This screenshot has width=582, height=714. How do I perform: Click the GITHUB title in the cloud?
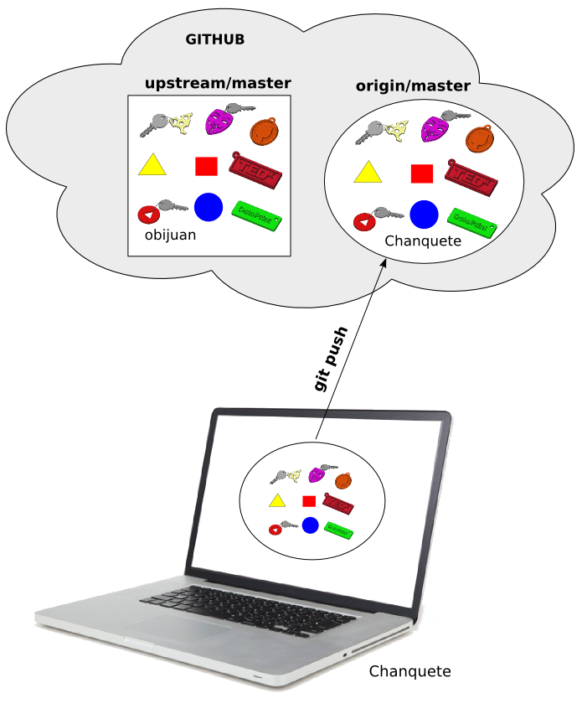coord(214,40)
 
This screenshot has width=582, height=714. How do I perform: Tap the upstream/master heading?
coord(218,83)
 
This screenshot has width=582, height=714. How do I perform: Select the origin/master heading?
coord(413,85)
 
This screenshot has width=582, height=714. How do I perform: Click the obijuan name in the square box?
coord(170,235)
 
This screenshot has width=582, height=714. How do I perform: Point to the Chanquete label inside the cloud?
coord(423,241)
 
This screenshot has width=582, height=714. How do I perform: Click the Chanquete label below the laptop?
coord(409,671)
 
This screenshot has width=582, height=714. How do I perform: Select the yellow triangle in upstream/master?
coord(152,165)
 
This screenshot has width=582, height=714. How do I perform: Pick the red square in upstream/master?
coord(206,166)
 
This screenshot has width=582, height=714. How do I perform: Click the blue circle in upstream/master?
coord(208,206)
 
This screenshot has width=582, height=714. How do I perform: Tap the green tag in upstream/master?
coord(255,212)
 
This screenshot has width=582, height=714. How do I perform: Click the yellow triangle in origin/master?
coord(367,172)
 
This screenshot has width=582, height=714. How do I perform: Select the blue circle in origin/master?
coord(424,215)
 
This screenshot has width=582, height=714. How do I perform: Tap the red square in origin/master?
coord(422,173)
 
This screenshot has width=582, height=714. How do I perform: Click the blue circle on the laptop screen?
coord(310,525)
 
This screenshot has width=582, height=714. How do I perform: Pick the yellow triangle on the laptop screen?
coord(276,501)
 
